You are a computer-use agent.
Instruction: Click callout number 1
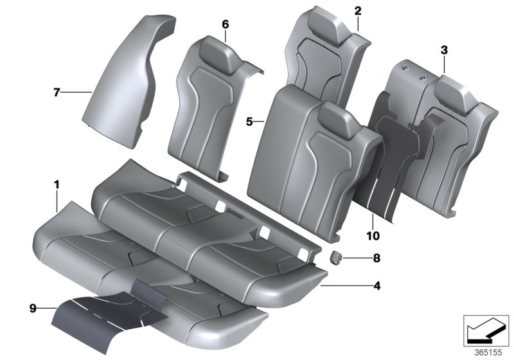click(57, 185)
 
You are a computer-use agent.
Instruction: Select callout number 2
click(358, 10)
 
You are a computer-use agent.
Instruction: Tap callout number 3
click(444, 50)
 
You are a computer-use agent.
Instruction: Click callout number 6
click(225, 24)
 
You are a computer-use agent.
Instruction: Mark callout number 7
click(57, 93)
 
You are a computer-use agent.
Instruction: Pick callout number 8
click(377, 258)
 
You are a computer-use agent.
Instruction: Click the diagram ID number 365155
click(490, 353)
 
